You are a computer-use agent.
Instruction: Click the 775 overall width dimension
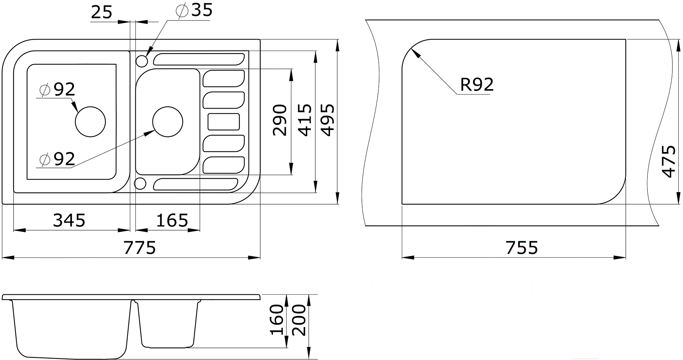tap(140, 248)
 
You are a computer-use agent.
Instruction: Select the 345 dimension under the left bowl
tap(69, 220)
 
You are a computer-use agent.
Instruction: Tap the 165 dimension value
tap(172, 220)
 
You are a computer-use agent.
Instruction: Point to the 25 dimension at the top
tap(102, 12)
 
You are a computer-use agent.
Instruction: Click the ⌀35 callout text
tap(194, 10)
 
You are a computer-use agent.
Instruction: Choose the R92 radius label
tap(477, 85)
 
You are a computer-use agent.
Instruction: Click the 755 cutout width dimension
tap(522, 248)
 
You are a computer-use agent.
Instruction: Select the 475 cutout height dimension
tap(669, 162)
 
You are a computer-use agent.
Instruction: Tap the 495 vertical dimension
tap(327, 120)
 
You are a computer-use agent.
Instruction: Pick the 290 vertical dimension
tap(280, 120)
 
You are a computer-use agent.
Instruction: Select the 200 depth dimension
tap(299, 320)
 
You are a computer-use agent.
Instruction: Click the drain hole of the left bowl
tap(90, 122)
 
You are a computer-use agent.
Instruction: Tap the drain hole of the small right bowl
tap(168, 122)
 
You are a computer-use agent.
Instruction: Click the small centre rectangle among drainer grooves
tap(224, 122)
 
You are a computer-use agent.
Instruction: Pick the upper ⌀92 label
tap(57, 89)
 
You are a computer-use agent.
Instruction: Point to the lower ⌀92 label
tap(57, 159)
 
